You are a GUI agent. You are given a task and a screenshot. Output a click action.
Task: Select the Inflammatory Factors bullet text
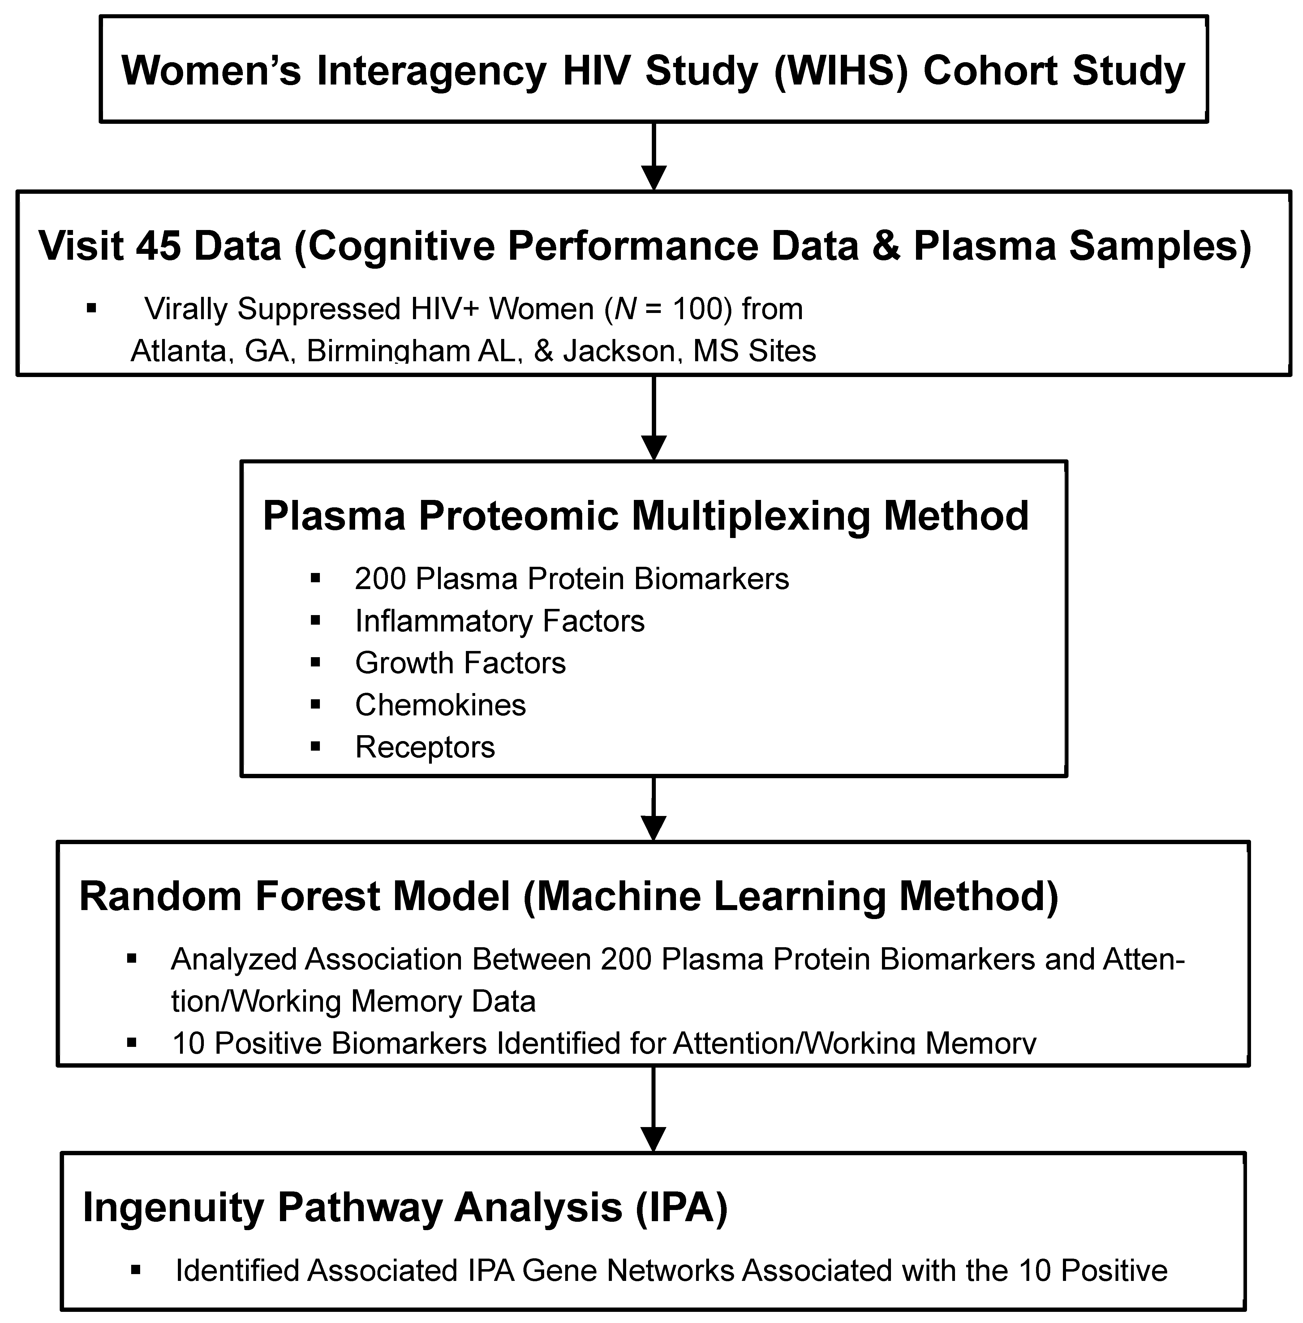tap(500, 621)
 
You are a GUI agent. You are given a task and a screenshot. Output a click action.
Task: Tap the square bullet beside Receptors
tap(316, 746)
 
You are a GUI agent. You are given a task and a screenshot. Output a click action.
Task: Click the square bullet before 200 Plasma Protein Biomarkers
tap(316, 579)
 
